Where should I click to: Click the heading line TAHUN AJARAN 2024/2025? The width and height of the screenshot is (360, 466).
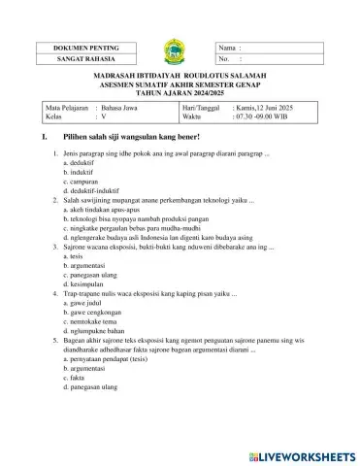tap(180, 92)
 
